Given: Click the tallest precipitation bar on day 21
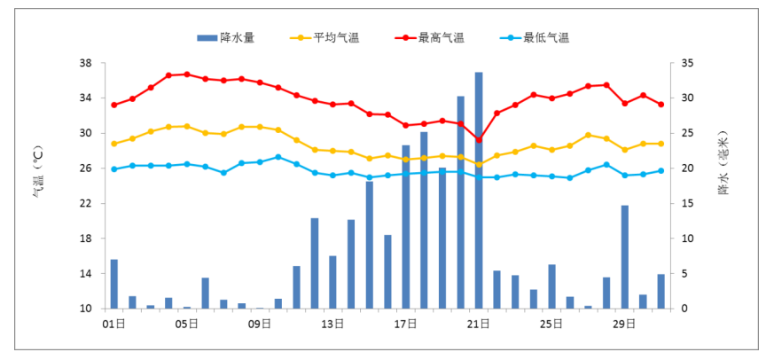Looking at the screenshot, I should pyautogui.click(x=479, y=190).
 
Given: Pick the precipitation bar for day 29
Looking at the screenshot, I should pyautogui.click(x=624, y=257).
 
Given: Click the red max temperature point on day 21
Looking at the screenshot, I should pyautogui.click(x=479, y=140).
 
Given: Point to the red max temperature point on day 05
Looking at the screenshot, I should pyautogui.click(x=186, y=74).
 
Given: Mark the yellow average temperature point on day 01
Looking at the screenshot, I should pyautogui.click(x=113, y=144).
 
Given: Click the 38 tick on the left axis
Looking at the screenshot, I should pyautogui.click(x=86, y=63).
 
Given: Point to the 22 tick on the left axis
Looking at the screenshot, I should pyautogui.click(x=86, y=203).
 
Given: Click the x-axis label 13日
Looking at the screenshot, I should pyautogui.click(x=332, y=324).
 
